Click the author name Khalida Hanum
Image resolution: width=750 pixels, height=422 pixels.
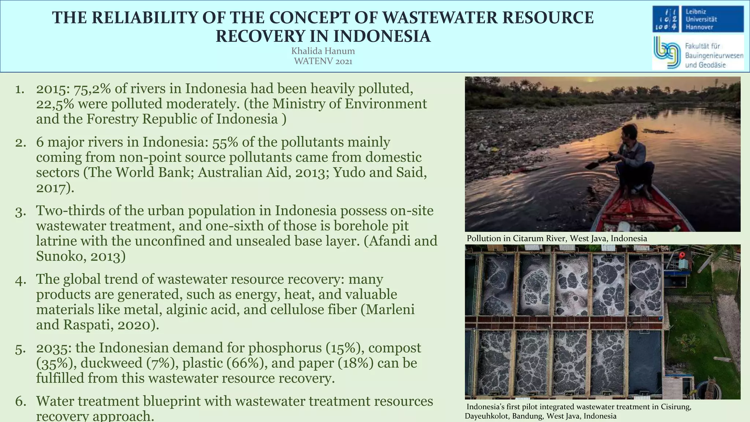[x=323, y=51]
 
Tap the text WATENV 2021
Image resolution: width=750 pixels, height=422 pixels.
[x=323, y=61]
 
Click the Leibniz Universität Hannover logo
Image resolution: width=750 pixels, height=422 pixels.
[x=698, y=19]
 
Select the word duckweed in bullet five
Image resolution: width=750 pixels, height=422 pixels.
[x=111, y=363]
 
